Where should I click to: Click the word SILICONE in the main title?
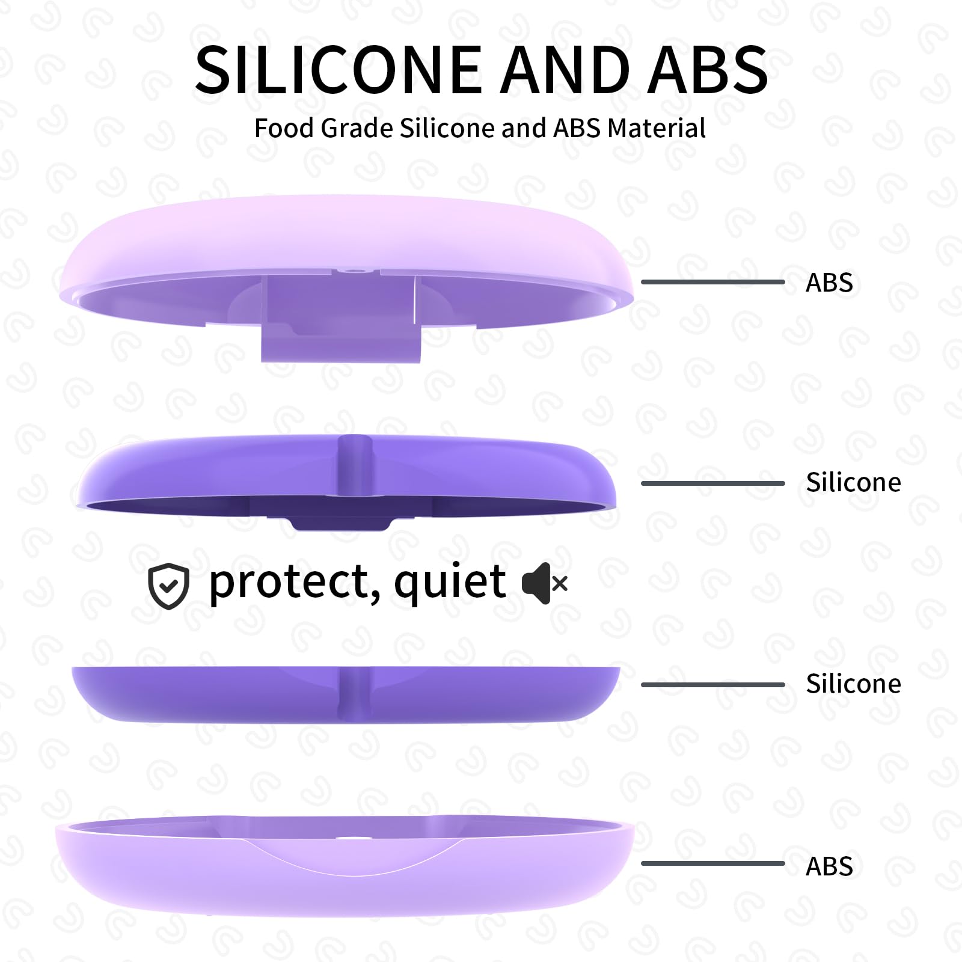click(339, 70)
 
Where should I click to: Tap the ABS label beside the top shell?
click(829, 283)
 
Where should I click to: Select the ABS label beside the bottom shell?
click(829, 866)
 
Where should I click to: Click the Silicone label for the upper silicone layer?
click(853, 482)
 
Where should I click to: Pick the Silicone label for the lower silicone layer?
click(853, 684)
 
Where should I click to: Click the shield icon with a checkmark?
click(169, 586)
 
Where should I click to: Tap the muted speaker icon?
click(544, 583)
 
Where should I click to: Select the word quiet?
click(450, 583)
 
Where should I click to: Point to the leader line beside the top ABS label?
click(713, 281)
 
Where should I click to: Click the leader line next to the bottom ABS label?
click(713, 863)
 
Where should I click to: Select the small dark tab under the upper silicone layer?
click(340, 522)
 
